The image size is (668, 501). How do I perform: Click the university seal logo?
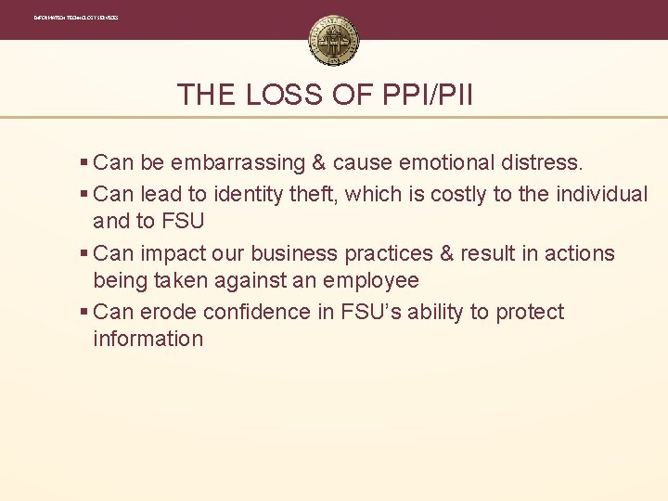pos(333,40)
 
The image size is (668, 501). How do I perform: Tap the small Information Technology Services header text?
pos(76,18)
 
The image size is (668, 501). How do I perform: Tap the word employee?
pos(369,280)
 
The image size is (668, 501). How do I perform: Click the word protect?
pos(530,313)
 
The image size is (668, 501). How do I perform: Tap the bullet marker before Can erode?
pos(84,313)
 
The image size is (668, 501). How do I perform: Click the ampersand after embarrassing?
pos(318,163)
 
